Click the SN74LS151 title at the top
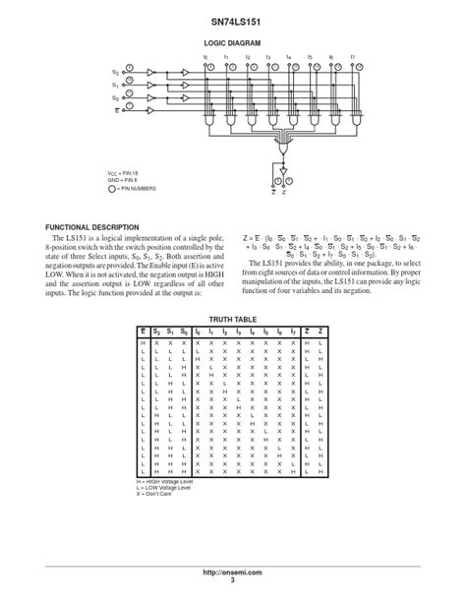[x=233, y=20]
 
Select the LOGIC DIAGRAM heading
[x=233, y=43]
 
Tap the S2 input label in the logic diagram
[x=116, y=73]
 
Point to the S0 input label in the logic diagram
[x=116, y=98]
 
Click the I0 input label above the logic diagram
[x=205, y=57]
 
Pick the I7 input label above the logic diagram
[x=353, y=57]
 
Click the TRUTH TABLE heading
[x=233, y=320]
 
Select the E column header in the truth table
[x=143, y=332]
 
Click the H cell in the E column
[x=143, y=342]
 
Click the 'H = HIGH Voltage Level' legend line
[x=165, y=481]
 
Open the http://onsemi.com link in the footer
[x=233, y=573]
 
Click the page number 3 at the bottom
[x=233, y=580]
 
